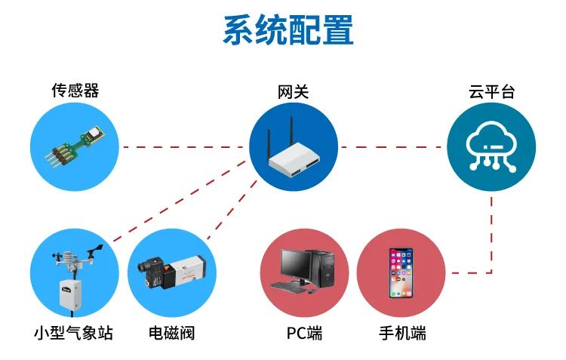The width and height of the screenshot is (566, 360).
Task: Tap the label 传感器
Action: [x=75, y=91]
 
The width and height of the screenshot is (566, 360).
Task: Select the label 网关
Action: [x=293, y=92]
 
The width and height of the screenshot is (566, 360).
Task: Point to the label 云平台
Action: [x=491, y=92]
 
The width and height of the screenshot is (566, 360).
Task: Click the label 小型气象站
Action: [x=73, y=333]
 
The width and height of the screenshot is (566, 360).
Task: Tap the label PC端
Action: [x=304, y=333]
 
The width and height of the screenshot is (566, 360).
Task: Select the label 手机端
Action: [x=402, y=333]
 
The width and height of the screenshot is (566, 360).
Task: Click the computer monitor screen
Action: [x=295, y=263]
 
